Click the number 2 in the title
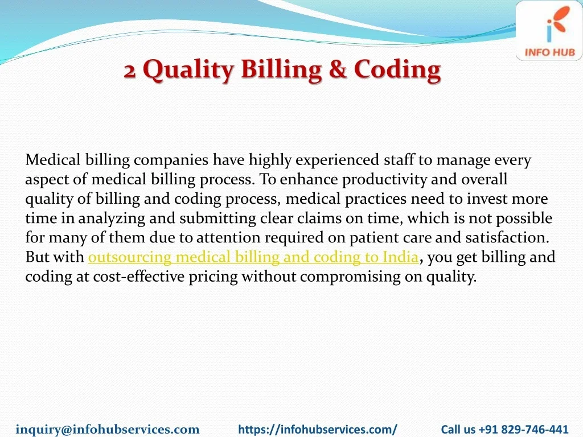(129, 71)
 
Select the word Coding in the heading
(397, 71)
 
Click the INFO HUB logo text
(549, 52)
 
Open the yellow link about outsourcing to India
(253, 257)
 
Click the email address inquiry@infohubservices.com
(108, 429)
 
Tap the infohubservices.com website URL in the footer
(318, 429)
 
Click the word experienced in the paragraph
(337, 160)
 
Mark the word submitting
(218, 218)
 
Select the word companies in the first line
(171, 160)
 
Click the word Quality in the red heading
(188, 71)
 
